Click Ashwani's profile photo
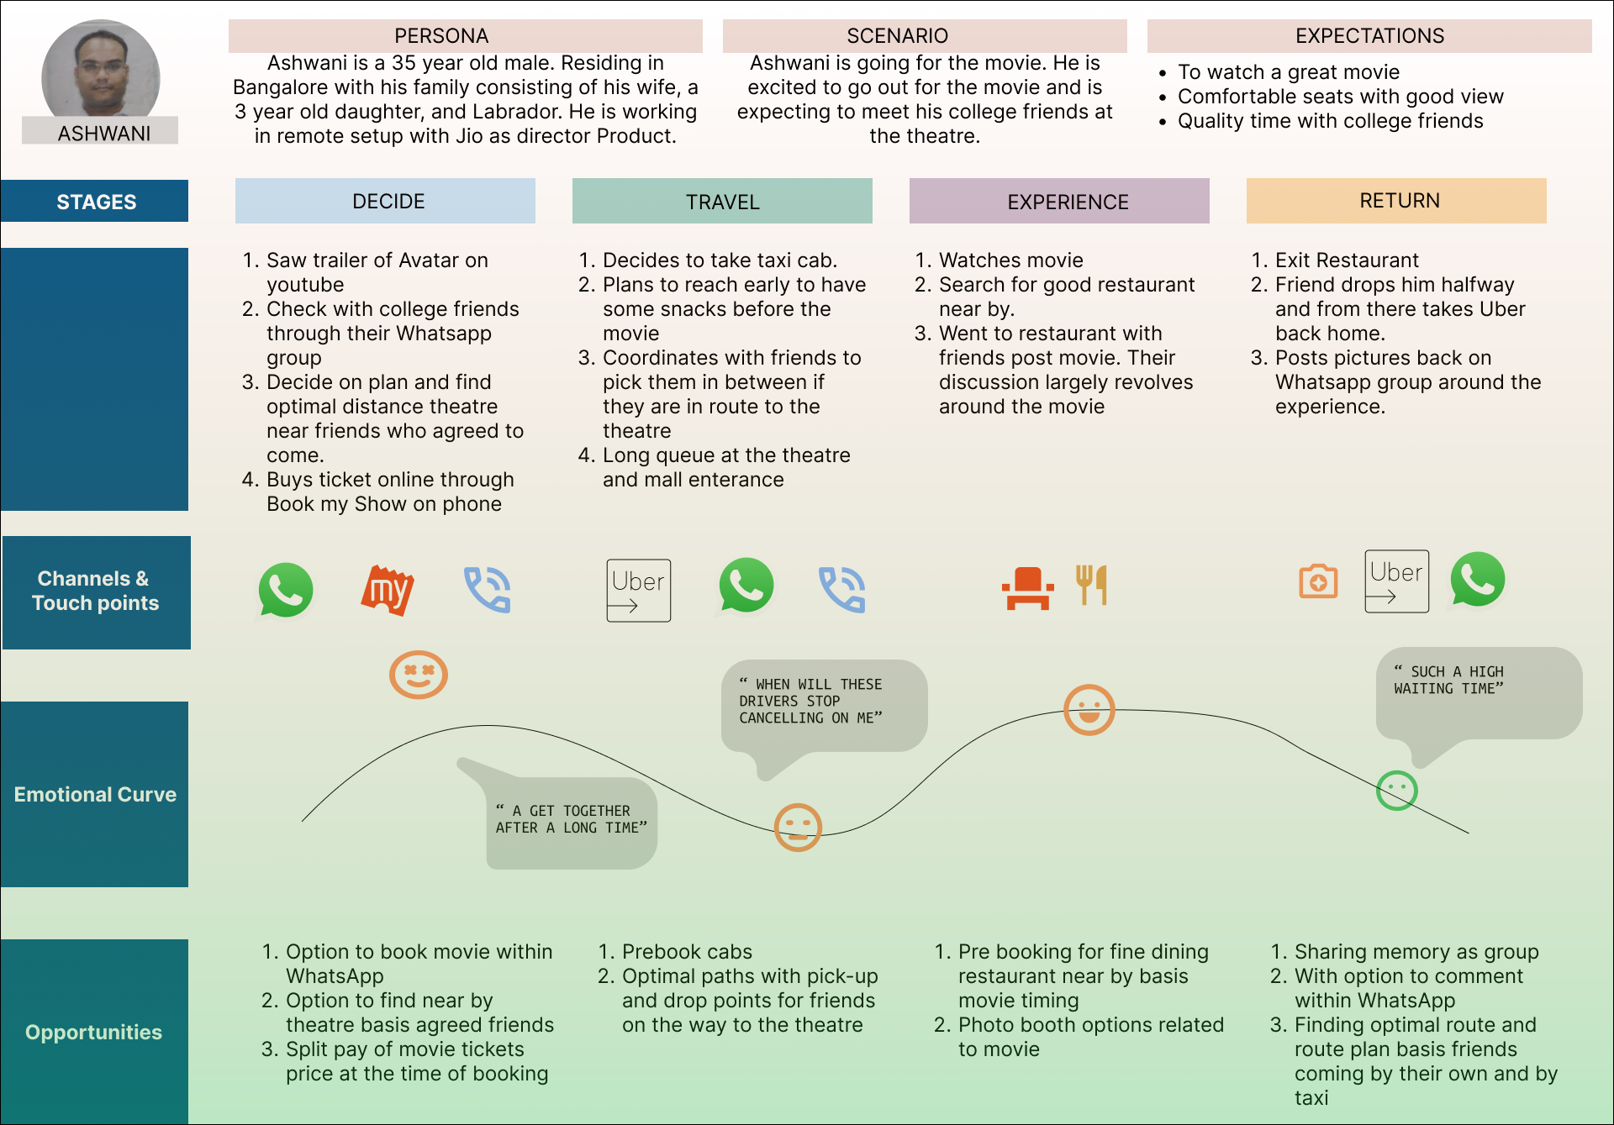click(101, 71)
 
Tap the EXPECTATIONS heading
click(1369, 36)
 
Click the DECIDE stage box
click(385, 201)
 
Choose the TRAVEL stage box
click(722, 201)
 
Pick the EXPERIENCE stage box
click(1059, 201)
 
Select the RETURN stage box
click(1395, 201)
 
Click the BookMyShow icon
click(388, 590)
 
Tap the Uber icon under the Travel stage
click(638, 590)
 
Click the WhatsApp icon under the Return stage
click(1477, 580)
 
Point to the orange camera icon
click(1318, 581)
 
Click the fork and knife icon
click(1092, 585)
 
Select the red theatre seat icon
click(1027, 587)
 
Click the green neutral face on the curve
click(1396, 791)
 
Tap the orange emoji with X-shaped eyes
click(418, 675)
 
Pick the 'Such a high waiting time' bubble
click(1478, 691)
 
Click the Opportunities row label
click(94, 1032)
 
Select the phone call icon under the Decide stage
click(488, 590)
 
